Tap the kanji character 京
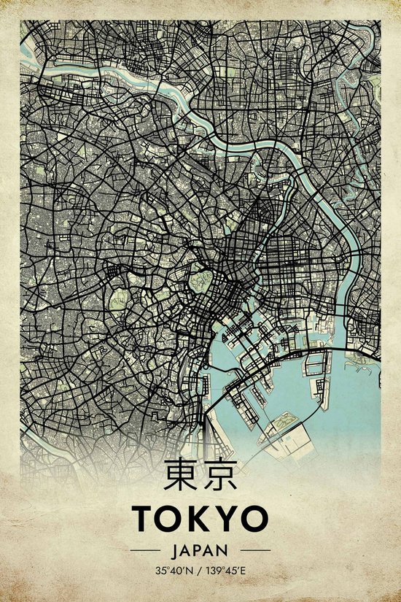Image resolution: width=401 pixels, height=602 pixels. pos(219,475)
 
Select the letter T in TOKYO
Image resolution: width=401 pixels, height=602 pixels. pos(144,519)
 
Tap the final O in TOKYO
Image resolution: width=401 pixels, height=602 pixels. pos(254,519)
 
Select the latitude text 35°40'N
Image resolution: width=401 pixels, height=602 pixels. pos(171,569)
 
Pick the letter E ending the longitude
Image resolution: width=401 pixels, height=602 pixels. pos(246,569)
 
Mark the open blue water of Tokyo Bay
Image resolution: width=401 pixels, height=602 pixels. pos(343,409)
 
